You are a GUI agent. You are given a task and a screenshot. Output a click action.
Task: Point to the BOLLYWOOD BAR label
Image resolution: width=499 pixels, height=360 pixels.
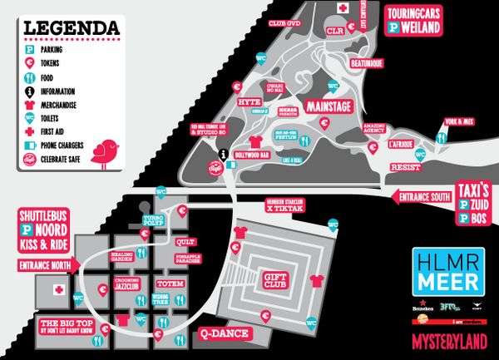coord(254,155)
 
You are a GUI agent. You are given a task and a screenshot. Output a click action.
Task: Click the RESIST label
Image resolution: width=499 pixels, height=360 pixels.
coord(404,166)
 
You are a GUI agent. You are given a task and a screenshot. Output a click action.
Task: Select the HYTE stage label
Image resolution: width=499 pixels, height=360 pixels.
coord(249,101)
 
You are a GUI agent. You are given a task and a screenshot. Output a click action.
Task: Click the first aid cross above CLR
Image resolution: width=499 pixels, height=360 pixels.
coord(342,8)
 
